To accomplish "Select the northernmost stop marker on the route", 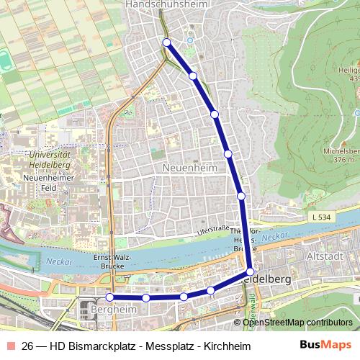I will [166, 42].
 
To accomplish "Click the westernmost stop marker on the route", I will [109, 297].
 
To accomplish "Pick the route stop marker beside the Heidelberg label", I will [250, 271].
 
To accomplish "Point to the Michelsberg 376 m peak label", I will [342, 156].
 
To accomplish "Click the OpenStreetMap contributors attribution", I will [297, 323].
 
